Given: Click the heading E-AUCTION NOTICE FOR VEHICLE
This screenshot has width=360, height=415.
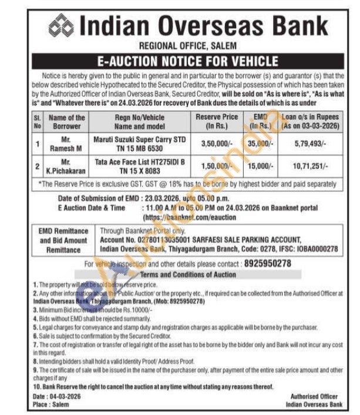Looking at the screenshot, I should [180, 61].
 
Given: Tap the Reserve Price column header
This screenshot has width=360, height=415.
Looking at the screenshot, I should [217, 122].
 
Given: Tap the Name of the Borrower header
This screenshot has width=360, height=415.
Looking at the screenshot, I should [68, 122].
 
